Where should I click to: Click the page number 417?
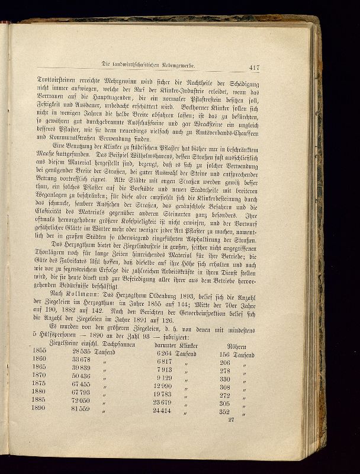pos(259,67)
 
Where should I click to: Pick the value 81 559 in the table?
pos(80,409)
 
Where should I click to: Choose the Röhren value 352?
pos(224,411)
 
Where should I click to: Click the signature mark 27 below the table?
pos(231,419)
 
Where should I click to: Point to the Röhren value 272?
pos(224,395)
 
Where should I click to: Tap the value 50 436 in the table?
pos(80,376)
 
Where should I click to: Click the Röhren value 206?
pos(224,362)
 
